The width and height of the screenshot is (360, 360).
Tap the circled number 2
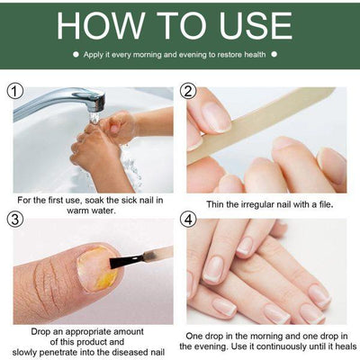188,92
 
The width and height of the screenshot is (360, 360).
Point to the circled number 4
188,219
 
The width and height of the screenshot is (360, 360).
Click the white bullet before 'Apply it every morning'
76,55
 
